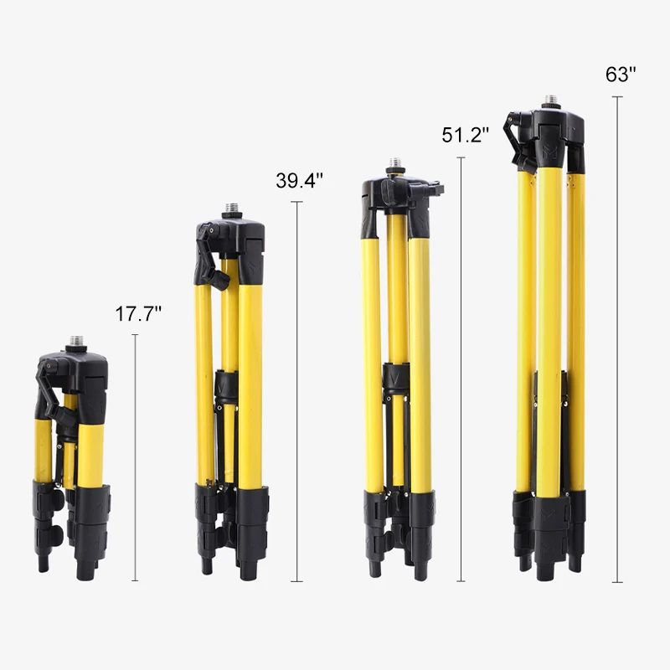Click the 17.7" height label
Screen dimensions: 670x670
click(x=138, y=314)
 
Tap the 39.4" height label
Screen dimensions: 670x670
click(x=299, y=181)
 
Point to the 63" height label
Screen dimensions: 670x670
click(x=621, y=74)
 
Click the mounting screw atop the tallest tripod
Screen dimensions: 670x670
click(x=552, y=100)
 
